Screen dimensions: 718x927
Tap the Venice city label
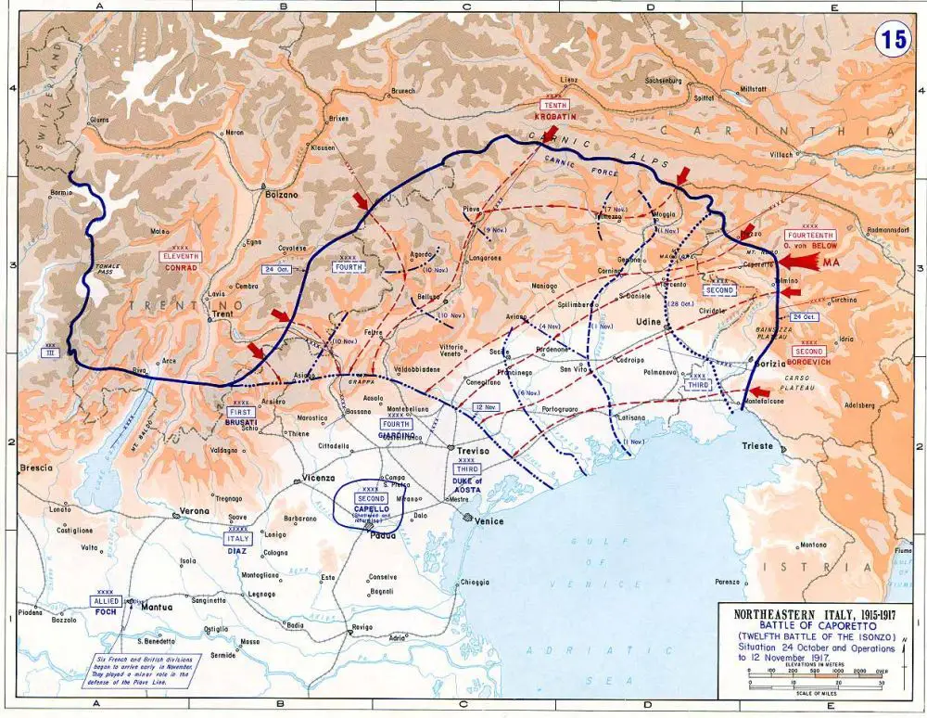489,520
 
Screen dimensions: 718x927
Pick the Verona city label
194,511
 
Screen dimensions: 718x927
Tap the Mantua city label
159,608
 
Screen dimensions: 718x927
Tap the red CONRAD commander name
182,267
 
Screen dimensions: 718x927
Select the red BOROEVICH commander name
806,363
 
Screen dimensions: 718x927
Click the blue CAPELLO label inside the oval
369,509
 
